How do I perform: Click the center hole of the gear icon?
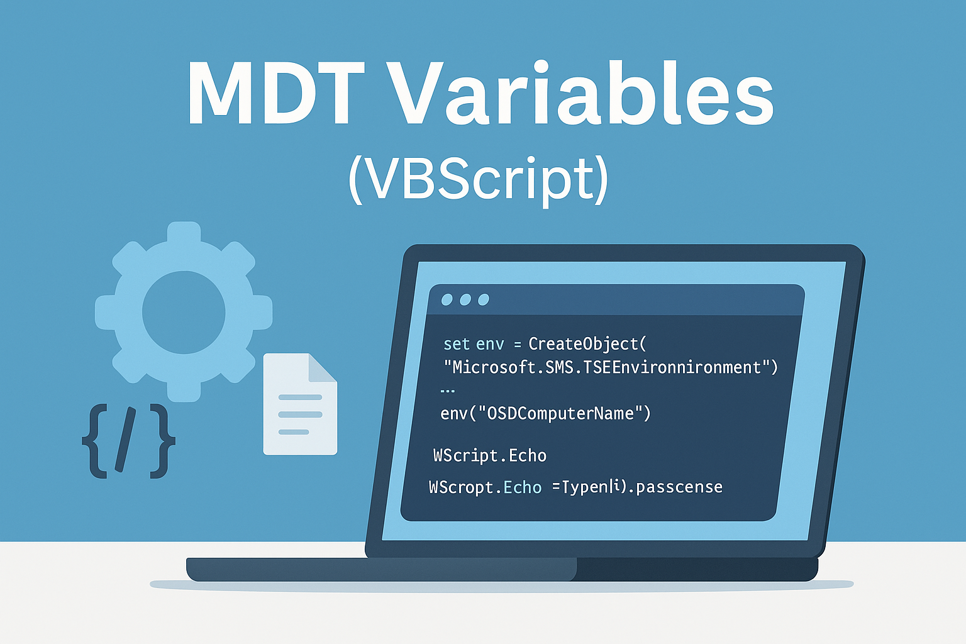[x=184, y=312]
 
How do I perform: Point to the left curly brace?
[x=95, y=440]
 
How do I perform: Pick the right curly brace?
[x=162, y=440]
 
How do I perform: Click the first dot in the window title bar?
[x=447, y=299]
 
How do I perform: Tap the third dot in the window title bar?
[x=484, y=299]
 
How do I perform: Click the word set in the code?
[x=457, y=344]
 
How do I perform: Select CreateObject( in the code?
[x=587, y=344]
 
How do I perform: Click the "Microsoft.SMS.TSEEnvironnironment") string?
[x=611, y=367]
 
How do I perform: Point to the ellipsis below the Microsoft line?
[x=447, y=391]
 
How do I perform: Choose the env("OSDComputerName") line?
[x=546, y=414]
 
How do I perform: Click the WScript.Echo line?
[x=490, y=455]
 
